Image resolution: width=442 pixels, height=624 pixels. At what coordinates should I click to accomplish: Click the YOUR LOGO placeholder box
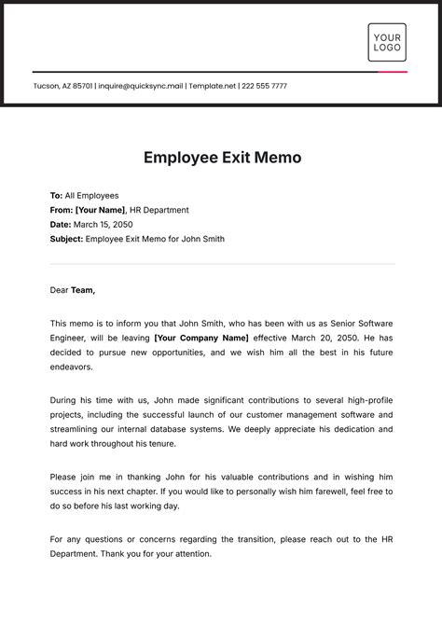tap(387, 42)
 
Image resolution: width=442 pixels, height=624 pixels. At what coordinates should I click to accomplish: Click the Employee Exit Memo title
tap(222, 158)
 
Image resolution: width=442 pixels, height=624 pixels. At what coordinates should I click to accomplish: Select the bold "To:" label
tap(56, 196)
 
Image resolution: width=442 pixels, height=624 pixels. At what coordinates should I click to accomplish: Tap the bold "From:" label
tap(61, 210)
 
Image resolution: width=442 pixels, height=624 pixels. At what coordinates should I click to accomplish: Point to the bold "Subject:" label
tap(66, 239)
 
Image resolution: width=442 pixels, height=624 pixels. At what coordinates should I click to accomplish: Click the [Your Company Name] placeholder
tap(201, 337)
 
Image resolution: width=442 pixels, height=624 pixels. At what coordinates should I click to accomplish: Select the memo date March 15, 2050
tap(104, 225)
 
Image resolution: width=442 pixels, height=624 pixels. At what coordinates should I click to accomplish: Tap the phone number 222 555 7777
tap(264, 86)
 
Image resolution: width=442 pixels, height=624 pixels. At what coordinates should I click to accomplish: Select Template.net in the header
tap(212, 86)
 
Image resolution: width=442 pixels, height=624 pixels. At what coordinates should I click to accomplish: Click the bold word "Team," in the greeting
tap(83, 290)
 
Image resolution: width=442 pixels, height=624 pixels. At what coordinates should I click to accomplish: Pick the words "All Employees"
tap(92, 196)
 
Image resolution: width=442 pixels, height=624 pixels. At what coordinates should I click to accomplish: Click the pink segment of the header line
tap(393, 72)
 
